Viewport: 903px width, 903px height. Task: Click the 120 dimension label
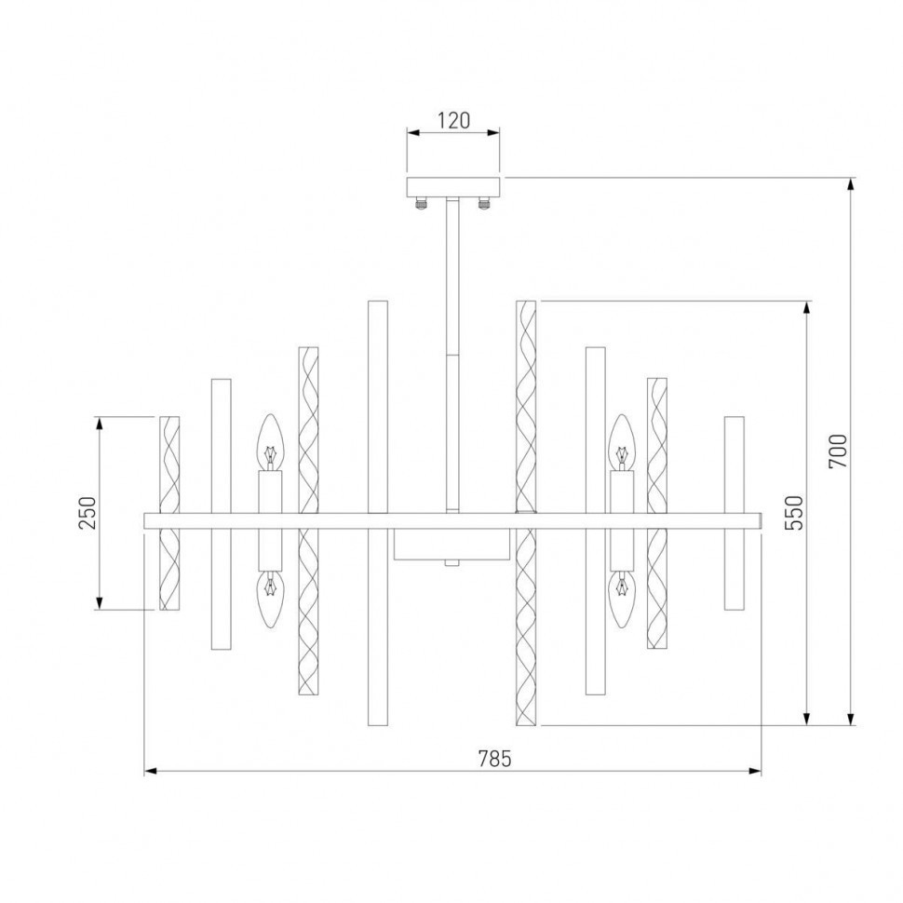(453, 120)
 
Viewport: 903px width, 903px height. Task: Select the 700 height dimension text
(837, 451)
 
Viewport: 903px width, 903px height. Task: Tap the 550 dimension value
(792, 512)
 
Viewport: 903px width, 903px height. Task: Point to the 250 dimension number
(87, 513)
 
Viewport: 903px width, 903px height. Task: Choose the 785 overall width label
(494, 759)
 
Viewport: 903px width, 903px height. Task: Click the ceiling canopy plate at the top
(453, 186)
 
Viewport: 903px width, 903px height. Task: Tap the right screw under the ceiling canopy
(484, 202)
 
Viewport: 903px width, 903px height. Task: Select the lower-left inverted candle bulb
(270, 600)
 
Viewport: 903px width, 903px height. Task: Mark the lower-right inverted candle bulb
(620, 600)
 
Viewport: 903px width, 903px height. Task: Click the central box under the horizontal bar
(451, 545)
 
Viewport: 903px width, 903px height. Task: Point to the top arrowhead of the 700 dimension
(851, 184)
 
